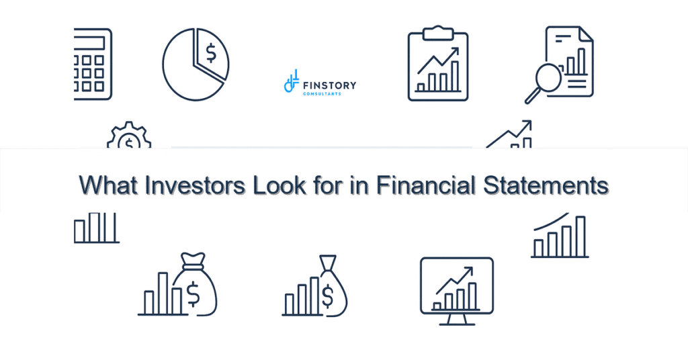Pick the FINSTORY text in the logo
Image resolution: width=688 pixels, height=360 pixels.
[330, 85]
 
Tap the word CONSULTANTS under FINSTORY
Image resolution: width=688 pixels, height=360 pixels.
[322, 94]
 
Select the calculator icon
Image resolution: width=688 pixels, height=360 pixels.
[93, 64]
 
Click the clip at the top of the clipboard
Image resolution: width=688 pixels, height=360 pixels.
[438, 31]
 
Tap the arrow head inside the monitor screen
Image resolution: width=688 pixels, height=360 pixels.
[469, 270]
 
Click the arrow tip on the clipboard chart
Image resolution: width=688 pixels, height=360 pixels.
[457, 50]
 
